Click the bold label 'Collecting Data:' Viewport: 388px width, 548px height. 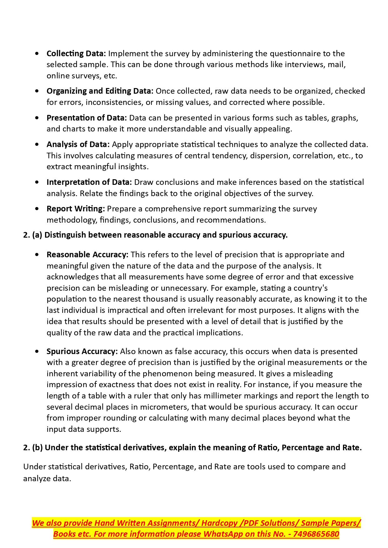click(76, 54)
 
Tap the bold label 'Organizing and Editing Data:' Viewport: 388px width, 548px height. click(100, 91)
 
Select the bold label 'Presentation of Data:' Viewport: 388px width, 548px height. click(87, 118)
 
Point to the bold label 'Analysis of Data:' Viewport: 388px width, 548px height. click(78, 145)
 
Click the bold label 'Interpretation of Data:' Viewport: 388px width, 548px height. click(89, 182)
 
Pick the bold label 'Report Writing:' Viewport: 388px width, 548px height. click(76, 209)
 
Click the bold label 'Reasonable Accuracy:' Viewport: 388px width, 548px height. click(88, 255)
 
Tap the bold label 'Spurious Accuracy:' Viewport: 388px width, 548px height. click(82, 352)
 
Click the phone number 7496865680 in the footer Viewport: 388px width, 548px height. click(316, 534)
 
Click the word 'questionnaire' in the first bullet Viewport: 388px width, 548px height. click(295, 54)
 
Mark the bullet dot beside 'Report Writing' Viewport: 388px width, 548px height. click(38, 209)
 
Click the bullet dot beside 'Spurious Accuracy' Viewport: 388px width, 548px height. click(38, 352)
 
